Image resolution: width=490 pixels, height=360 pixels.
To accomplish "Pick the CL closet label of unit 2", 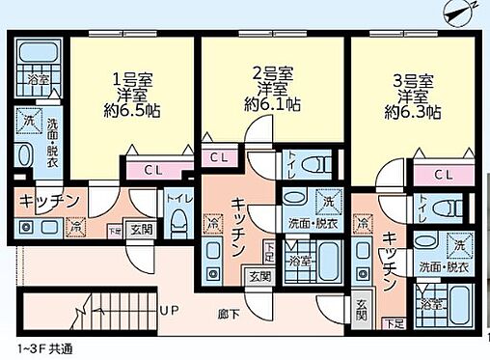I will pos(219,157).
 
